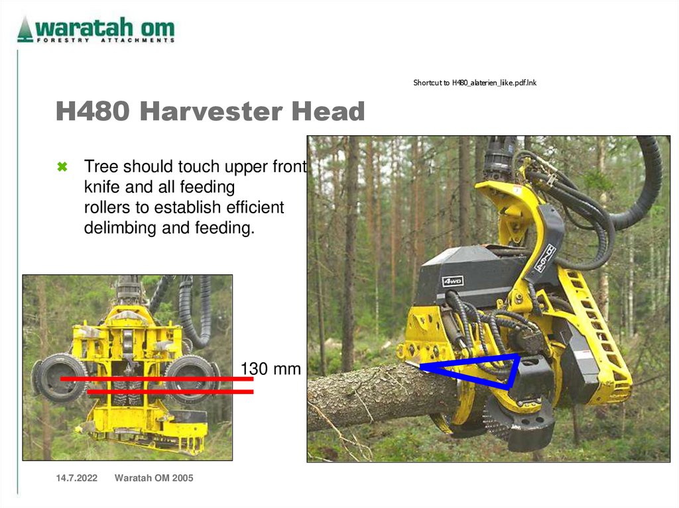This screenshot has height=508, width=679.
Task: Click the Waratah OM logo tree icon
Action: pyautogui.click(x=25, y=29)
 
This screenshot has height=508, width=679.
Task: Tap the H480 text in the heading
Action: pyautogui.click(x=93, y=111)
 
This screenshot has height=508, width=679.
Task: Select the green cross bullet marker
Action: pyautogui.click(x=62, y=166)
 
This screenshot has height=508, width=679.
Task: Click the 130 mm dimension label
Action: pyautogui.click(x=270, y=368)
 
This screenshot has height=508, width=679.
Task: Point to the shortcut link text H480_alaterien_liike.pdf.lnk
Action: pyautogui.click(x=475, y=83)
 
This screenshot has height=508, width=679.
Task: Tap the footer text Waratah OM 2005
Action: pyautogui.click(x=154, y=478)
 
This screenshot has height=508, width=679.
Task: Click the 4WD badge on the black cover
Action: pyautogui.click(x=453, y=281)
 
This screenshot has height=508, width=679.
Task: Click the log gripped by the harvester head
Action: pyautogui.click(x=378, y=397)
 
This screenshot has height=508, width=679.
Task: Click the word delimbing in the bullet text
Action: pyautogui.click(x=117, y=229)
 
